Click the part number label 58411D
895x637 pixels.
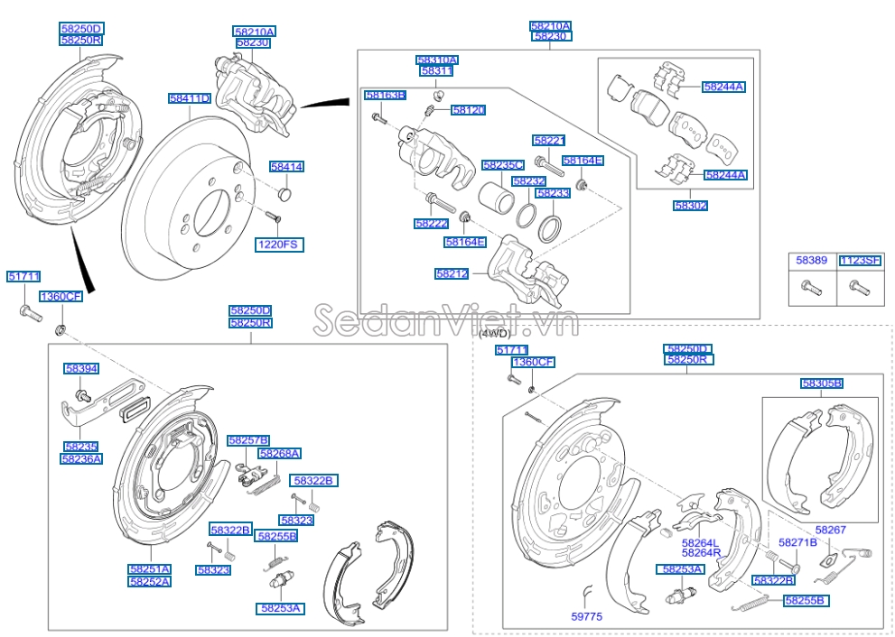click(189, 98)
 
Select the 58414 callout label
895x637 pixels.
click(286, 167)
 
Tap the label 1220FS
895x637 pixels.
click(279, 245)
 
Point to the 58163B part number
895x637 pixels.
click(385, 95)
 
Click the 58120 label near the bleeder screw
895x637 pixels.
click(469, 110)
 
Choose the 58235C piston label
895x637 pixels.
click(503, 165)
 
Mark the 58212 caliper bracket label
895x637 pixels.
click(452, 273)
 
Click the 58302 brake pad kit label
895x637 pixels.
click(690, 206)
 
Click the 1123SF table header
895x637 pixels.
click(859, 260)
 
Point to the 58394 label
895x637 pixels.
click(81, 369)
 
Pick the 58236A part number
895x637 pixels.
click(81, 458)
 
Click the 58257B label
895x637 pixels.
click(248, 440)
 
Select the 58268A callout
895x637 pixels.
click(279, 453)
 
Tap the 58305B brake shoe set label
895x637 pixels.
click(821, 383)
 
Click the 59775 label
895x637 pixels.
click(586, 617)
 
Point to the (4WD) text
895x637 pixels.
click(488, 334)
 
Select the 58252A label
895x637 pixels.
click(149, 582)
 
